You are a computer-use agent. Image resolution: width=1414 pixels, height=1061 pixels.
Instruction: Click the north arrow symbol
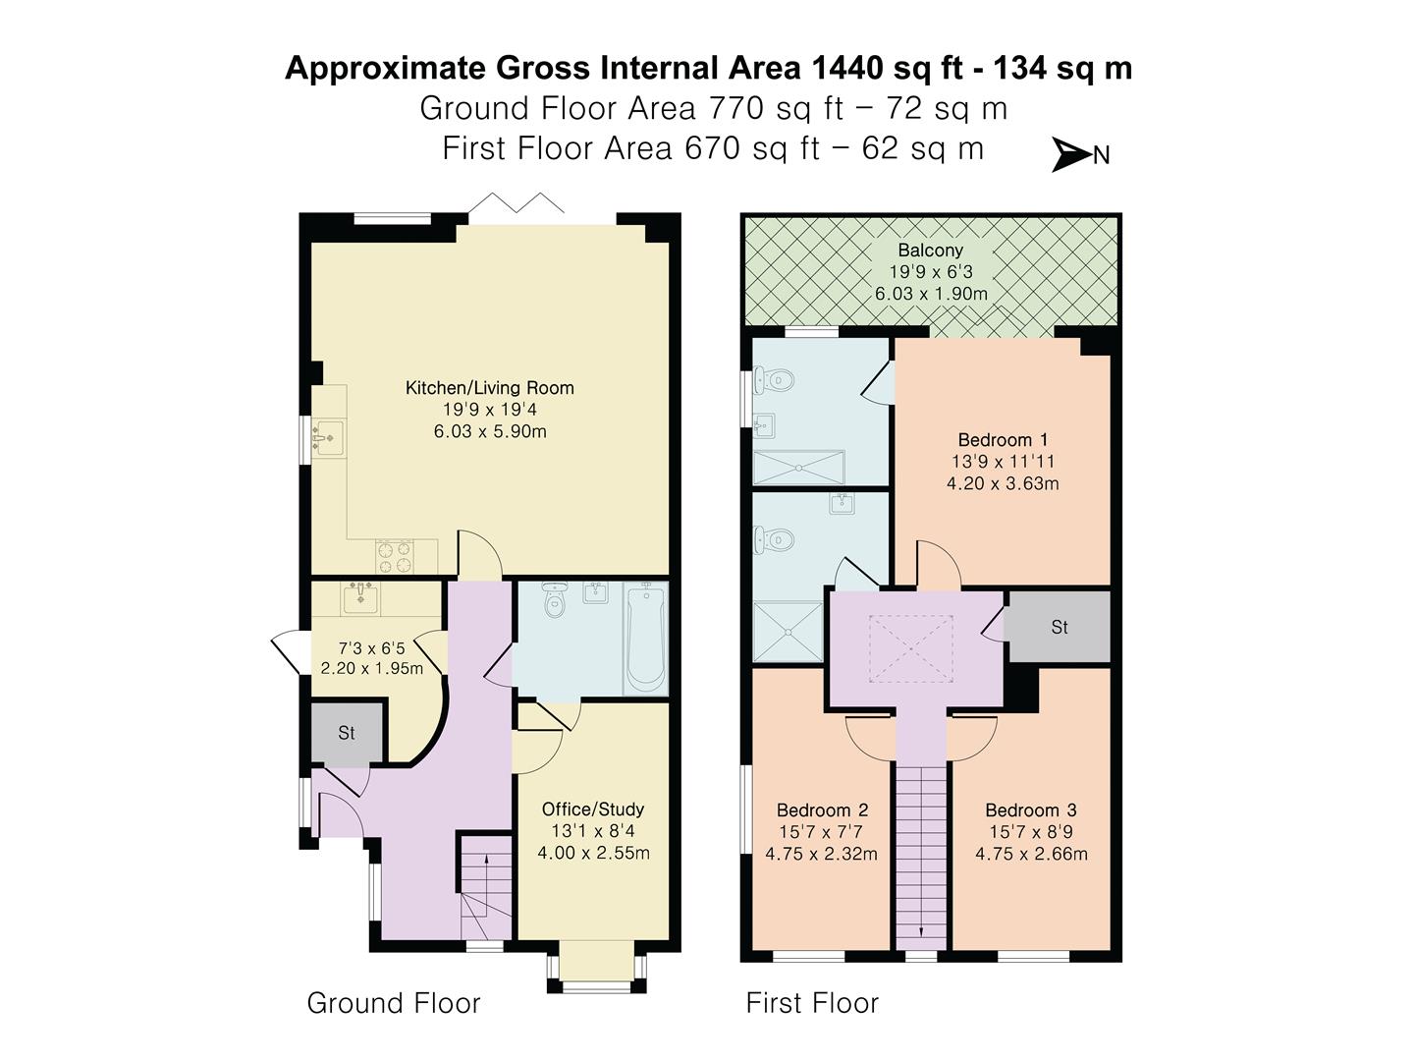[1071, 154]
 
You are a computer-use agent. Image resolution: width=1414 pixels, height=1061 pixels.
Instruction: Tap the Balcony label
[930, 250]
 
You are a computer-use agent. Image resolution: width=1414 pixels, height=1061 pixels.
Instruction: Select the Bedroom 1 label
[1003, 440]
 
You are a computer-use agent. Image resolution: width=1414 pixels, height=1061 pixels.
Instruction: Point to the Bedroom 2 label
[822, 810]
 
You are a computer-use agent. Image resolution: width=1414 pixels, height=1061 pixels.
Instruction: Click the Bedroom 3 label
[1031, 810]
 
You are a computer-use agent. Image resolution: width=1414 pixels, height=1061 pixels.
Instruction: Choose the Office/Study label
[593, 810]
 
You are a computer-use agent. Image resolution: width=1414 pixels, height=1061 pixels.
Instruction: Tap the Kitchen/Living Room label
[490, 388]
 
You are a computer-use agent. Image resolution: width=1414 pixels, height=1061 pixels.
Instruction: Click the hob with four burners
[394, 557]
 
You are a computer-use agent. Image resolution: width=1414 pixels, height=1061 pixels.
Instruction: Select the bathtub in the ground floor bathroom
[645, 638]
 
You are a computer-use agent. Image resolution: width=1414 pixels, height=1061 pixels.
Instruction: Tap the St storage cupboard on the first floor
[1060, 627]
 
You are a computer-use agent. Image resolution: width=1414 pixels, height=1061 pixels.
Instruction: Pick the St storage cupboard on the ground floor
[347, 733]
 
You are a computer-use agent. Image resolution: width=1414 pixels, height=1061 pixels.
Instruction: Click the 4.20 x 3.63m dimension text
[1003, 483]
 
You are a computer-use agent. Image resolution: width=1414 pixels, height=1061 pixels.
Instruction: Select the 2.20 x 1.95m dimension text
[372, 668]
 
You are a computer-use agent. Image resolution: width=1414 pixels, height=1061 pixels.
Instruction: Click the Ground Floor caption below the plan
[394, 1003]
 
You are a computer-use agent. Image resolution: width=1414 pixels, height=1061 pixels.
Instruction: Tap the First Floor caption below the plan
[812, 1003]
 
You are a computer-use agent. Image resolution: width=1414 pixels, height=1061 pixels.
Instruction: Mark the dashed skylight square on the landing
[911, 648]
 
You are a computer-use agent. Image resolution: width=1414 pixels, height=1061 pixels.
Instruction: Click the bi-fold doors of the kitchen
[516, 203]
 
